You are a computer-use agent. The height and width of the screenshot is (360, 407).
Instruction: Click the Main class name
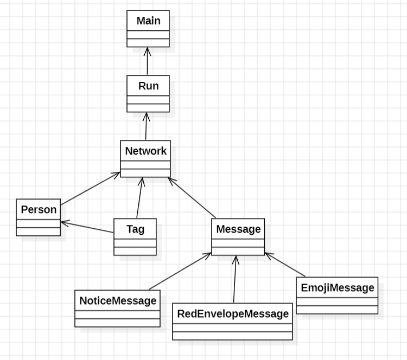148,21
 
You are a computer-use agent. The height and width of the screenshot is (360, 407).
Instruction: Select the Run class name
148,86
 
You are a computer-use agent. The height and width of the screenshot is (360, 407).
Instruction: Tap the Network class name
145,151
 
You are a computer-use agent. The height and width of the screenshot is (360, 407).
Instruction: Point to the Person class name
39,210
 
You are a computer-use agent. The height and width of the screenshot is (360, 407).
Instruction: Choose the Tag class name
135,229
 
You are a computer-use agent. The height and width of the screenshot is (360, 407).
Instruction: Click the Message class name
238,229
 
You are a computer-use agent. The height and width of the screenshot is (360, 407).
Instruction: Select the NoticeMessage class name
118,301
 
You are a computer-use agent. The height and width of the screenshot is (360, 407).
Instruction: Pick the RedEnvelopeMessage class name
232,314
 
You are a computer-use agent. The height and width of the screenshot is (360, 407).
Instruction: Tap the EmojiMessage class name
337,288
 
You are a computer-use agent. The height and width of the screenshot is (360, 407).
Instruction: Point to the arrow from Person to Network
90,189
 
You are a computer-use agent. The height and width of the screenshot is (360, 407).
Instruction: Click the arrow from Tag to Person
87,227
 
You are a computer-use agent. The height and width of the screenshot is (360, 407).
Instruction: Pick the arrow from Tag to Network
139,198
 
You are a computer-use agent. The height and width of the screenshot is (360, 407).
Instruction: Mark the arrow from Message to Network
192,198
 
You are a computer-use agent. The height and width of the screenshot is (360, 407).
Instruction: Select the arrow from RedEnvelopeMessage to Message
234,279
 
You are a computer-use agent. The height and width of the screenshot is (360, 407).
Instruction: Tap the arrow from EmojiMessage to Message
285,265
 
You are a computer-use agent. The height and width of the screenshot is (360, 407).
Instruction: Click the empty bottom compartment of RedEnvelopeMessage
232,336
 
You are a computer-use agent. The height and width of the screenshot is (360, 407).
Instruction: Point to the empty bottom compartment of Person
39,232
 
